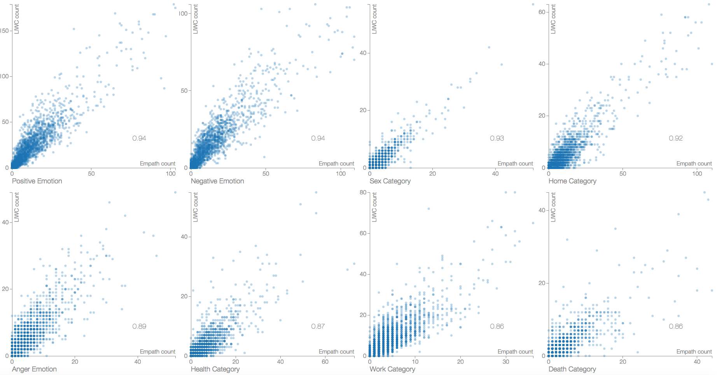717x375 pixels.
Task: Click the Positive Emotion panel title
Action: coord(37,181)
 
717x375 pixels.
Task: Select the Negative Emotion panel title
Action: coord(217,181)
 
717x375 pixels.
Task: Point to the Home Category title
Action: coord(572,181)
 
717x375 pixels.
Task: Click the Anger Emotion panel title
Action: coord(34,369)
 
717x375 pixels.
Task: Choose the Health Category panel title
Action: coord(215,369)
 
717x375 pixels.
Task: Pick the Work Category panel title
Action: coord(392,369)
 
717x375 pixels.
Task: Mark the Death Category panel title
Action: coord(572,369)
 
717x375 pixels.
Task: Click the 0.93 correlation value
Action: coord(497,138)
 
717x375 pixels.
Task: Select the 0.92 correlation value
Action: coord(676,138)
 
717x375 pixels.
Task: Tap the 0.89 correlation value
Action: coord(139,326)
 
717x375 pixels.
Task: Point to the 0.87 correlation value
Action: coord(318,326)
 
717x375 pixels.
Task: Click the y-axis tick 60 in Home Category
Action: coord(542,12)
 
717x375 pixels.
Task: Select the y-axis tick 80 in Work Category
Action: coord(363,192)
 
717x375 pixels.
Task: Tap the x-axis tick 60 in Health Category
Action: coord(325,362)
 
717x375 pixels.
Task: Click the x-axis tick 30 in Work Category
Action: coord(506,362)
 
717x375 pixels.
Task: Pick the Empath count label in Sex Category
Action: coord(515,164)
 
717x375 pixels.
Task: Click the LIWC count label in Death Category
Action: coord(553,207)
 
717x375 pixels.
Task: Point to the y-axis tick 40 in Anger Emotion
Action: coord(5,222)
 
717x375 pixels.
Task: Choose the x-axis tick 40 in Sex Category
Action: coord(495,174)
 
